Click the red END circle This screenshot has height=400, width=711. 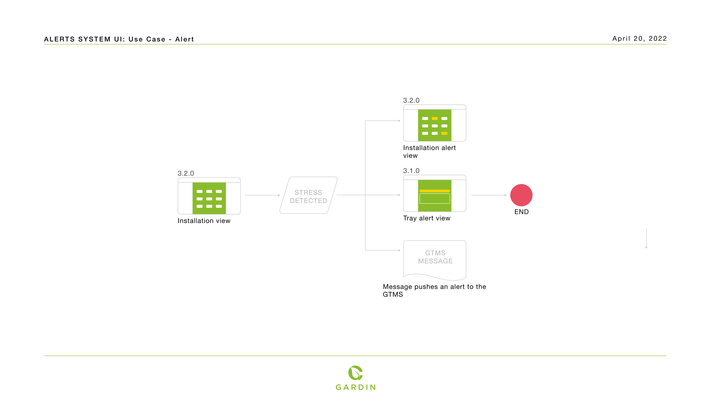[521, 195]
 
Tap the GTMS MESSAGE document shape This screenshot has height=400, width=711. [435, 258]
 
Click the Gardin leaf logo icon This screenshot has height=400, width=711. [355, 373]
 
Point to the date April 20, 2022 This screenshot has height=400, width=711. [639, 39]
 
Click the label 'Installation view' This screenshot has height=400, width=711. [204, 221]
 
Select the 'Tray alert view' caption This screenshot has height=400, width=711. [427, 218]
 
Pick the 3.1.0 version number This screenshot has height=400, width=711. [411, 171]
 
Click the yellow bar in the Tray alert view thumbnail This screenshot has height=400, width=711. [435, 191]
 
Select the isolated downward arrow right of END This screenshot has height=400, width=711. [646, 238]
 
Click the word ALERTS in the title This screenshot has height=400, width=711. [59, 39]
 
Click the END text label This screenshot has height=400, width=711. [521, 212]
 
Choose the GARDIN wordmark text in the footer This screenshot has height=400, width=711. [355, 387]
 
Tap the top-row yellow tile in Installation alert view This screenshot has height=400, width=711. [435, 119]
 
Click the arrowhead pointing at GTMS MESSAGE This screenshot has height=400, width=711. [399, 250]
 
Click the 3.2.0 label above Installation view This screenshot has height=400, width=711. [186, 173]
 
